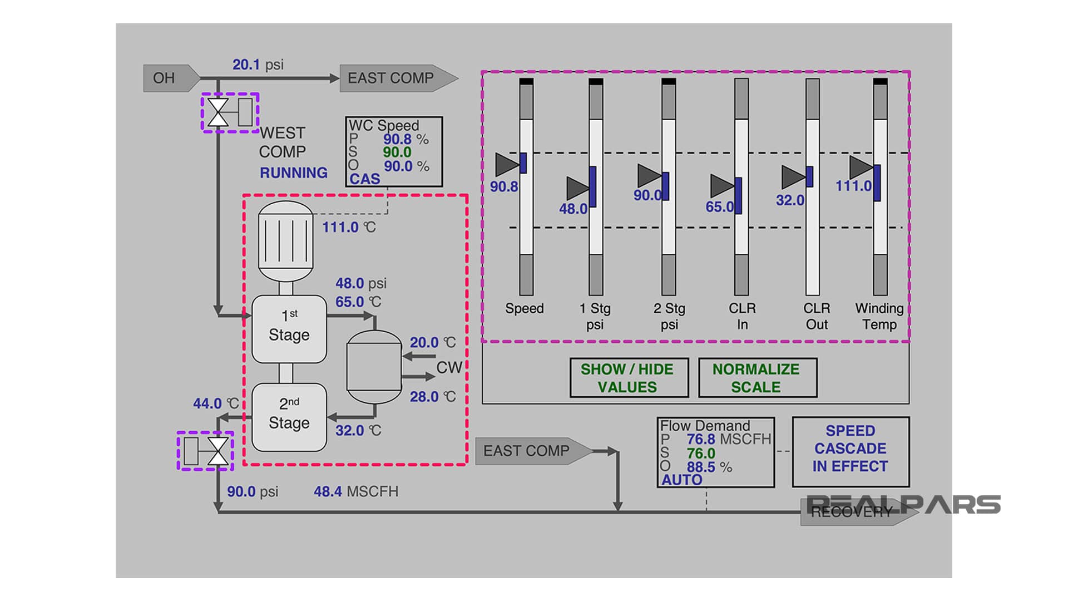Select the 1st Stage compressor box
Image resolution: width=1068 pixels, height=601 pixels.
[289, 329]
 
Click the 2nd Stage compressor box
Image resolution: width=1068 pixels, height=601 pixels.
[289, 417]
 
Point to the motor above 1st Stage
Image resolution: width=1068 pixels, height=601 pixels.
[286, 242]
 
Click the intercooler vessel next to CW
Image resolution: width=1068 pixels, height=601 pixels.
[374, 367]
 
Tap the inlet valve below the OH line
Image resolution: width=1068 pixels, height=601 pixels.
[218, 112]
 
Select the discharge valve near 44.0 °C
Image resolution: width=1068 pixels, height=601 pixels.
[217, 451]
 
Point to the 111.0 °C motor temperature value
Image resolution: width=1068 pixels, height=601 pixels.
[340, 227]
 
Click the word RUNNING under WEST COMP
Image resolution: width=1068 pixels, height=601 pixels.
[294, 173]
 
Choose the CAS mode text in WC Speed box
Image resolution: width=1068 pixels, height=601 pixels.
[365, 179]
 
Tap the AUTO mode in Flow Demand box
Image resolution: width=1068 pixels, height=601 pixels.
[682, 480]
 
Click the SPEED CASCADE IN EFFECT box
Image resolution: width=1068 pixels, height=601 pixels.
[851, 449]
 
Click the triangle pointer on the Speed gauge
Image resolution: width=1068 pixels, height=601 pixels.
[506, 164]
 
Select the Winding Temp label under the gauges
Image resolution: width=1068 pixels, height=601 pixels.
[879, 316]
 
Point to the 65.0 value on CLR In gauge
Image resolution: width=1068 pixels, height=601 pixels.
[720, 207]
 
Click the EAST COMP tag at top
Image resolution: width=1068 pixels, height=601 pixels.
[390, 78]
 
